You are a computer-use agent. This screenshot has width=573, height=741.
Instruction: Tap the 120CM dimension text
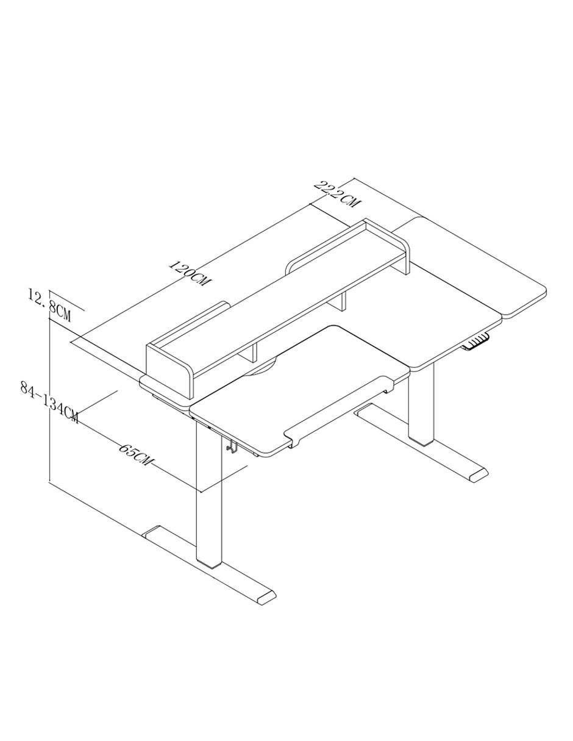[x=190, y=273]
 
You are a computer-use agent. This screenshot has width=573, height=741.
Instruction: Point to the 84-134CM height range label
[x=49, y=403]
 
